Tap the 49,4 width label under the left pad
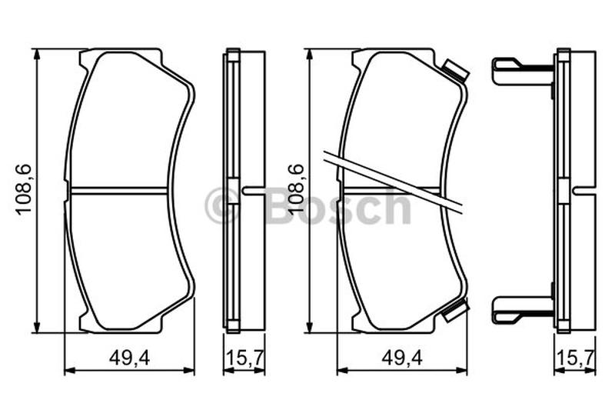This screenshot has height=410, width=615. pyautogui.click(x=129, y=358)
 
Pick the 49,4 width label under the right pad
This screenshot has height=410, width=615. pyautogui.click(x=402, y=358)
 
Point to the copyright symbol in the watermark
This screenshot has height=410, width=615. pyautogui.click(x=222, y=205)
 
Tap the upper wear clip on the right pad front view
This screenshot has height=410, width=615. pyautogui.click(x=455, y=71)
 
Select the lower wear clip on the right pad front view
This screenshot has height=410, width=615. pyautogui.click(x=455, y=310)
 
